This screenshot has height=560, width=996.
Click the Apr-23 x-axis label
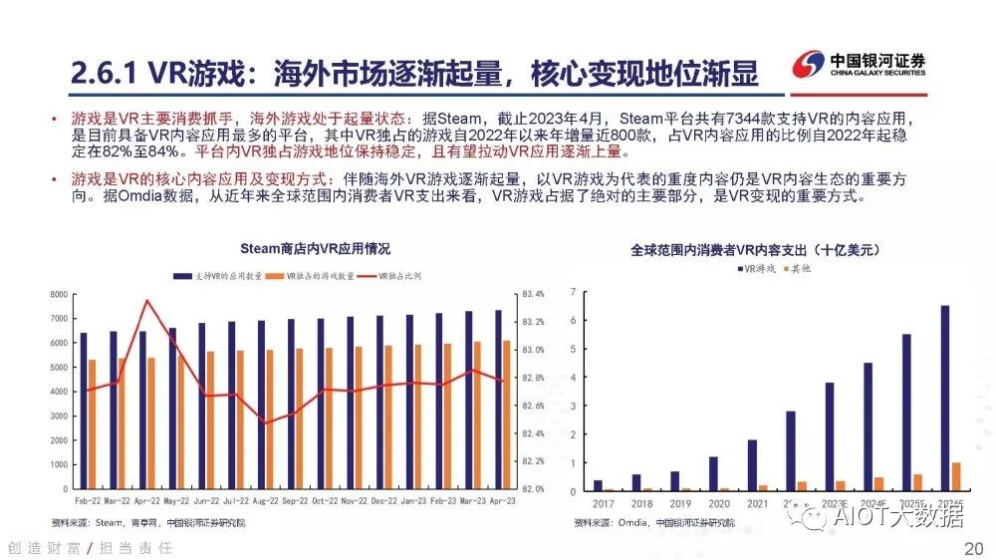[502, 500]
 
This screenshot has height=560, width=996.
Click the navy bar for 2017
[598, 485]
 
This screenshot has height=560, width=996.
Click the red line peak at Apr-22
[147, 300]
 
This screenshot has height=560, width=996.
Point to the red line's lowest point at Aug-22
[265, 422]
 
